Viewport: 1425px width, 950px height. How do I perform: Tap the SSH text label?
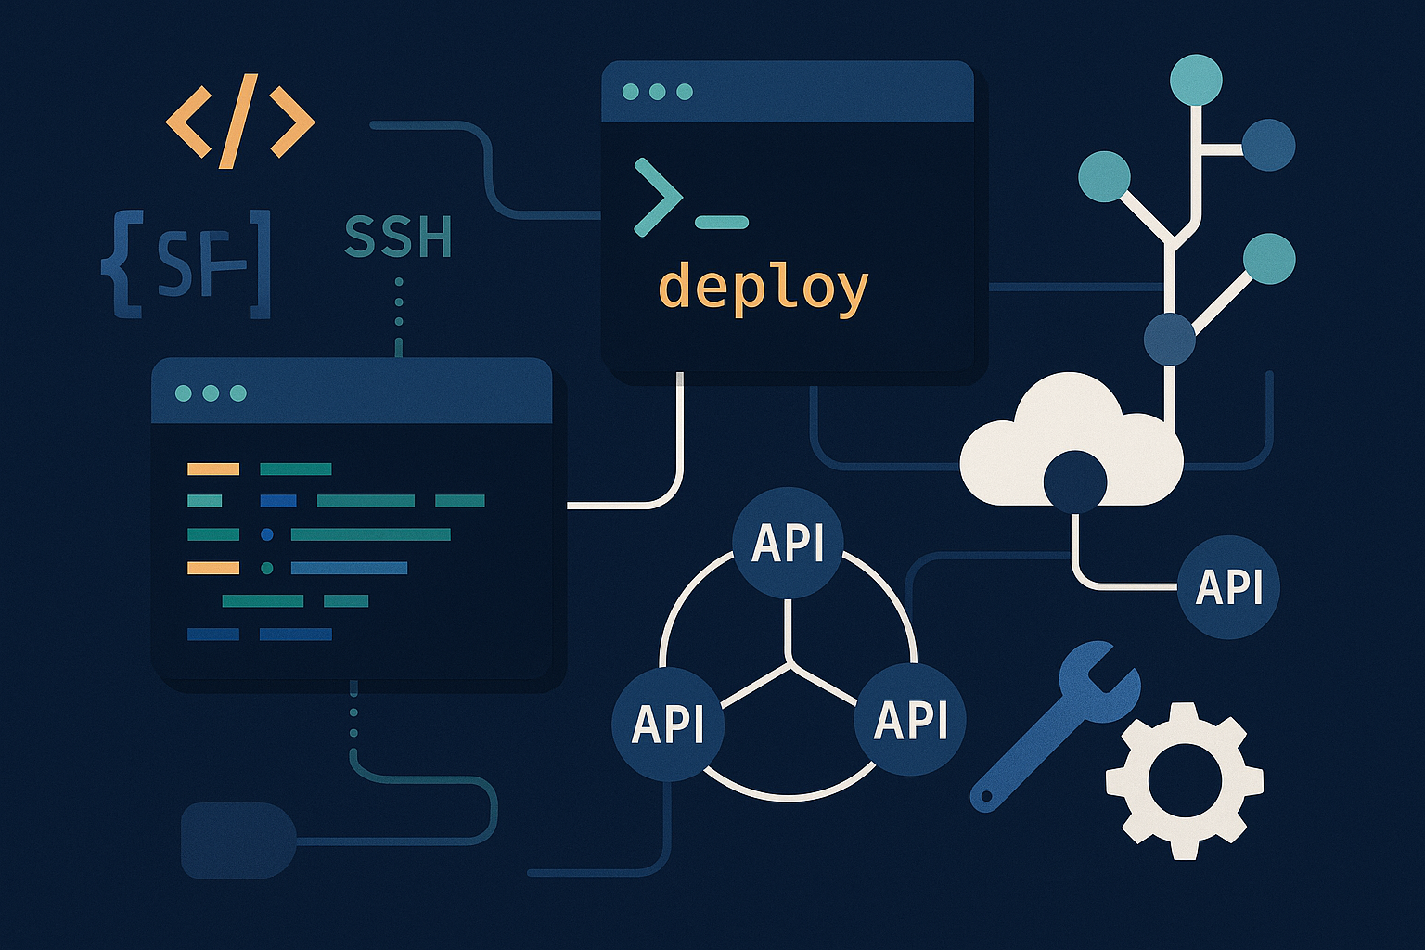click(x=398, y=237)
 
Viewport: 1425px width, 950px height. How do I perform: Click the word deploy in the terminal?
click(x=763, y=287)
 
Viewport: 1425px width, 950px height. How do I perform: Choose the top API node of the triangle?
click(x=788, y=542)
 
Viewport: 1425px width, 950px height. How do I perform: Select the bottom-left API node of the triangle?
click(x=668, y=724)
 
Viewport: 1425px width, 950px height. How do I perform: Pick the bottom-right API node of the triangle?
click(x=910, y=719)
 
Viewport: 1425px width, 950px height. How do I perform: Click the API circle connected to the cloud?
click(x=1228, y=586)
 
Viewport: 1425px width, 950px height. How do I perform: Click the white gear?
click(x=1184, y=779)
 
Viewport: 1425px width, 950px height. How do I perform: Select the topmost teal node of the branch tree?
click(x=1196, y=80)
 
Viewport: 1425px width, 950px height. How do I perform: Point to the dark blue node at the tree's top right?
click(x=1267, y=145)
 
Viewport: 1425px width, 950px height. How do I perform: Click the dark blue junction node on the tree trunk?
click(x=1170, y=339)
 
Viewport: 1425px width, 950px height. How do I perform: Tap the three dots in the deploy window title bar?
click(x=658, y=92)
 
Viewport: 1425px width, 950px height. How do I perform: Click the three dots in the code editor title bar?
click(x=211, y=393)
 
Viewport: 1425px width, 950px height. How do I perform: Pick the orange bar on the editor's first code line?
click(x=213, y=469)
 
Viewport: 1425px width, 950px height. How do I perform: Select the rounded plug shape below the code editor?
click(x=237, y=841)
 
